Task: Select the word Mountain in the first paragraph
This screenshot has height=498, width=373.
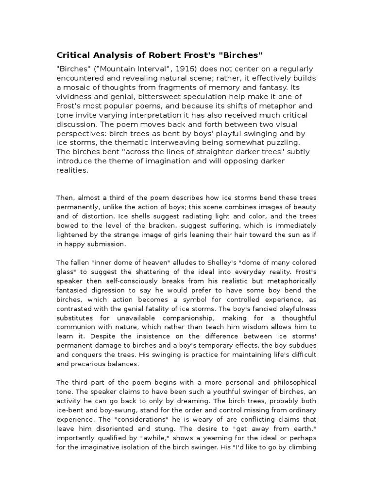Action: [110, 69]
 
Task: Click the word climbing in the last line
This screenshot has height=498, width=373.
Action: [302, 447]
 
